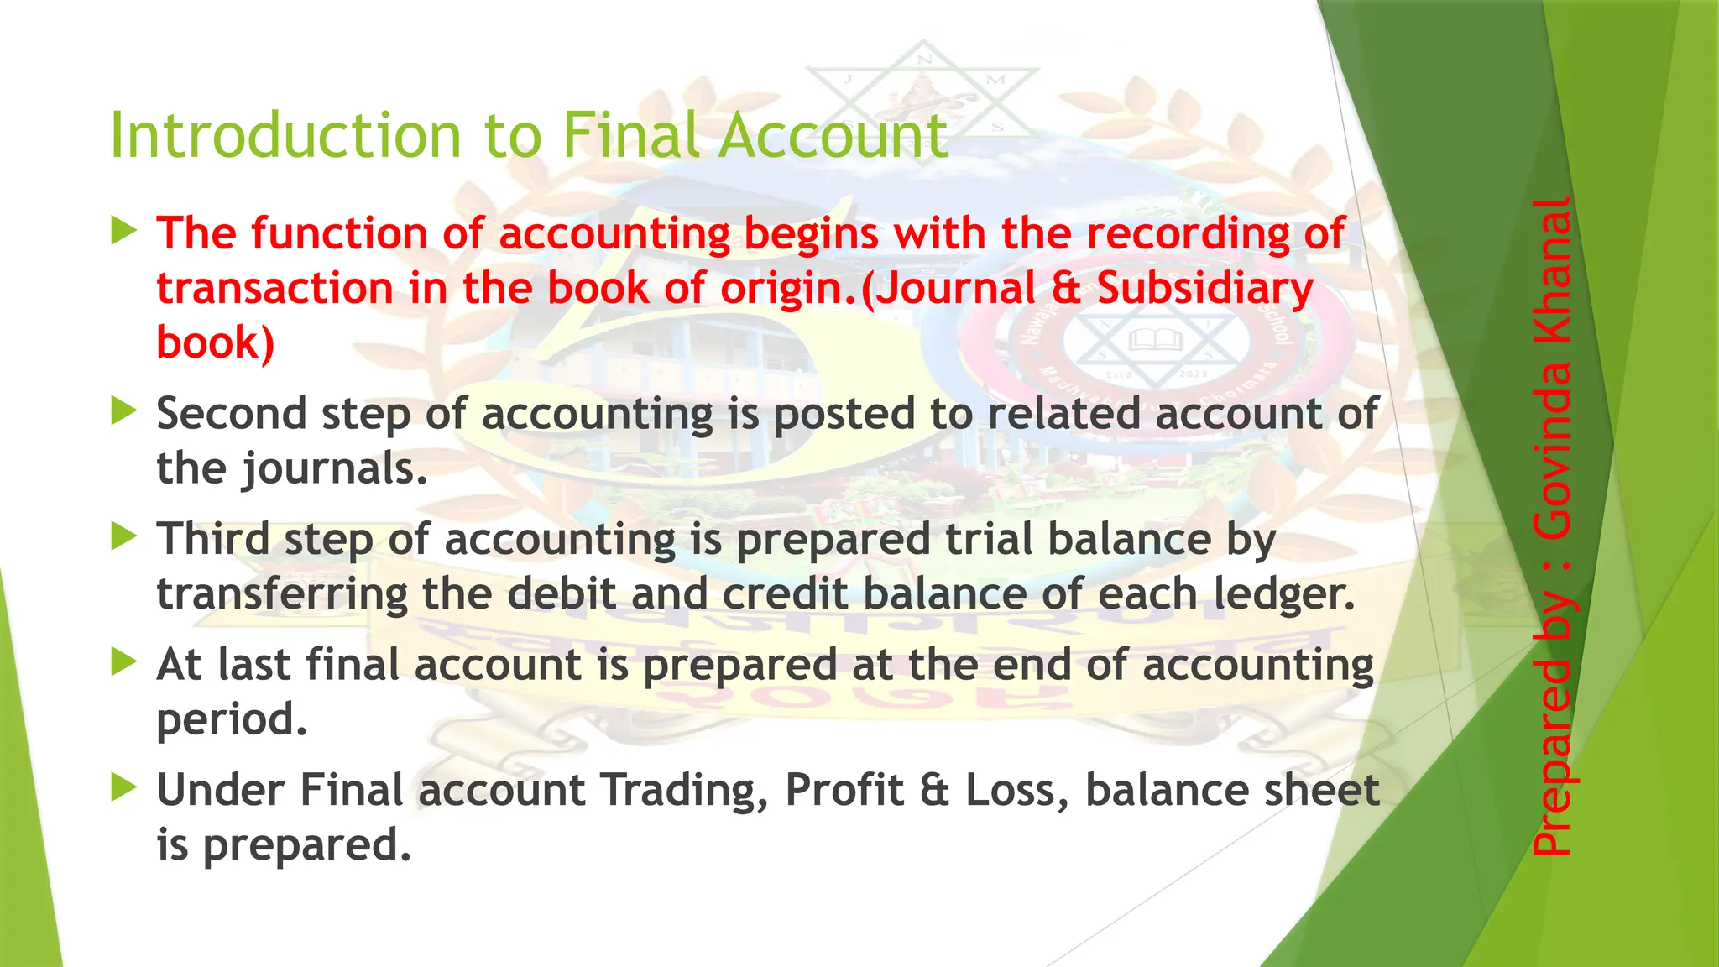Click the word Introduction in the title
(286, 135)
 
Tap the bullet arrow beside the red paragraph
(123, 229)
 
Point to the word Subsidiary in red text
(1204, 289)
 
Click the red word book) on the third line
(216, 343)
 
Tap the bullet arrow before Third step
(123, 536)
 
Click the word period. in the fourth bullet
(233, 720)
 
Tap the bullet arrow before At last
(123, 661)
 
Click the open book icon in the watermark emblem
(1156, 340)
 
